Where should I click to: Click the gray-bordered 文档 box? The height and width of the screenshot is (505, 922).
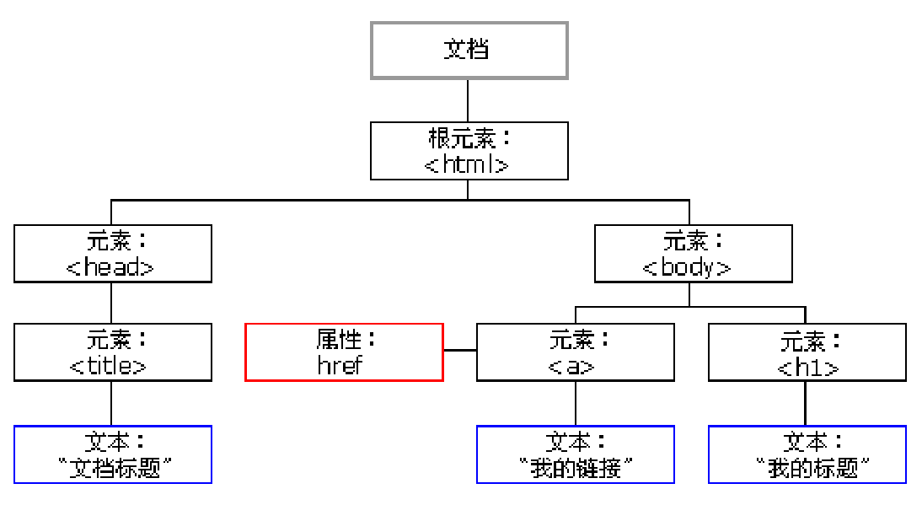click(x=469, y=51)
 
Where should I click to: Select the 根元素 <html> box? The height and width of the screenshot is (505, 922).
click(x=469, y=151)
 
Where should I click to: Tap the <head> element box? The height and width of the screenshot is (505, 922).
click(x=112, y=253)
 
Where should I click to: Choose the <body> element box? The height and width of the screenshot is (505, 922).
click(x=693, y=253)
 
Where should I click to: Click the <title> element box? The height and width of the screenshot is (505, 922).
click(x=112, y=352)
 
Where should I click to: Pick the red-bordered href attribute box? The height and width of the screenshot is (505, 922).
click(x=344, y=352)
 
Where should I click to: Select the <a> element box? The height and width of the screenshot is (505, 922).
click(x=575, y=352)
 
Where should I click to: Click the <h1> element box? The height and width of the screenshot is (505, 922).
click(x=807, y=352)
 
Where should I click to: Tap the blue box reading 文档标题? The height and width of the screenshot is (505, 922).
click(x=112, y=454)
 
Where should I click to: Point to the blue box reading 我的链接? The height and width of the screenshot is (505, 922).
click(x=575, y=454)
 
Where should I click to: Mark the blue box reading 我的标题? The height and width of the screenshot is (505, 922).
click(x=807, y=454)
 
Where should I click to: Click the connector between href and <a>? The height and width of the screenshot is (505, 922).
click(x=460, y=349)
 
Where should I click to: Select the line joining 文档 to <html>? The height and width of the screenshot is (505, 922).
click(x=469, y=100)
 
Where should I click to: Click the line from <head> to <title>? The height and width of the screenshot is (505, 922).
click(x=112, y=302)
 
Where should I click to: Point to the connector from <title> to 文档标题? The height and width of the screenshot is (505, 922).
click(x=112, y=403)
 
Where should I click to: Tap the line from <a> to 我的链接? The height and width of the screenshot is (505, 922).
click(x=575, y=403)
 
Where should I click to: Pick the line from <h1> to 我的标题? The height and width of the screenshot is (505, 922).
click(x=807, y=403)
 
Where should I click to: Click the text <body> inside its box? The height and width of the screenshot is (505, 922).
click(x=686, y=267)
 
